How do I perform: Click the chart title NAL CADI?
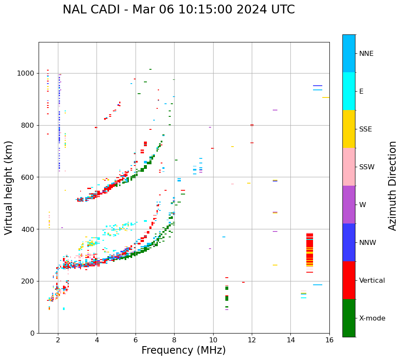pyautogui.click(x=178, y=10)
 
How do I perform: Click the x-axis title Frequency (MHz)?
pyautogui.click(x=183, y=350)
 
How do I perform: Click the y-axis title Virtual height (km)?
pyautogui.click(x=9, y=188)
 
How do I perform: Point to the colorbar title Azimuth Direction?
pyautogui.click(x=392, y=186)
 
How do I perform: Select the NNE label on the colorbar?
pyautogui.click(x=366, y=54)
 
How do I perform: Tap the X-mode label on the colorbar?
pyautogui.click(x=372, y=318)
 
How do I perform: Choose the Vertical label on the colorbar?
pyautogui.click(x=372, y=281)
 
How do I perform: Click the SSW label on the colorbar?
pyautogui.click(x=367, y=167)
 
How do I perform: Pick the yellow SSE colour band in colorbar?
pyautogui.click(x=349, y=129)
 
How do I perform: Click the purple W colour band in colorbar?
pyautogui.click(x=349, y=205)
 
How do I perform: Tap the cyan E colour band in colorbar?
pyautogui.click(x=349, y=91)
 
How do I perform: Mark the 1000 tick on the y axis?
pyautogui.click(x=27, y=73)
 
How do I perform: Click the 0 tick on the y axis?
pyautogui.click(x=33, y=333)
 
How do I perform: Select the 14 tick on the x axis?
pyautogui.click(x=290, y=339)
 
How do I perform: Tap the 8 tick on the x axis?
pyautogui.click(x=174, y=339)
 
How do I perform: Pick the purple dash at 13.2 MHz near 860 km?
pyautogui.click(x=275, y=110)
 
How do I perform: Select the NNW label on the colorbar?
pyautogui.click(x=368, y=243)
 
